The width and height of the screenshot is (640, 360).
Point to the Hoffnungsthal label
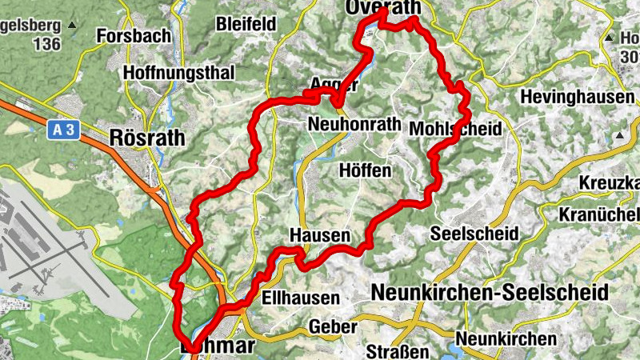click(x=178, y=73)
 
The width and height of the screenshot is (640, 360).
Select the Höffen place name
click(x=365, y=171)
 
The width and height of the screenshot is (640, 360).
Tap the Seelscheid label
click(x=474, y=234)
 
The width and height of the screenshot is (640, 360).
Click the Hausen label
click(x=320, y=235)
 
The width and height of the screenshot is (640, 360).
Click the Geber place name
click(x=331, y=327)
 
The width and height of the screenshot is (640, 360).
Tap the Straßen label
click(x=393, y=351)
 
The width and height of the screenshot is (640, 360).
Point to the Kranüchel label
click(x=600, y=214)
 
